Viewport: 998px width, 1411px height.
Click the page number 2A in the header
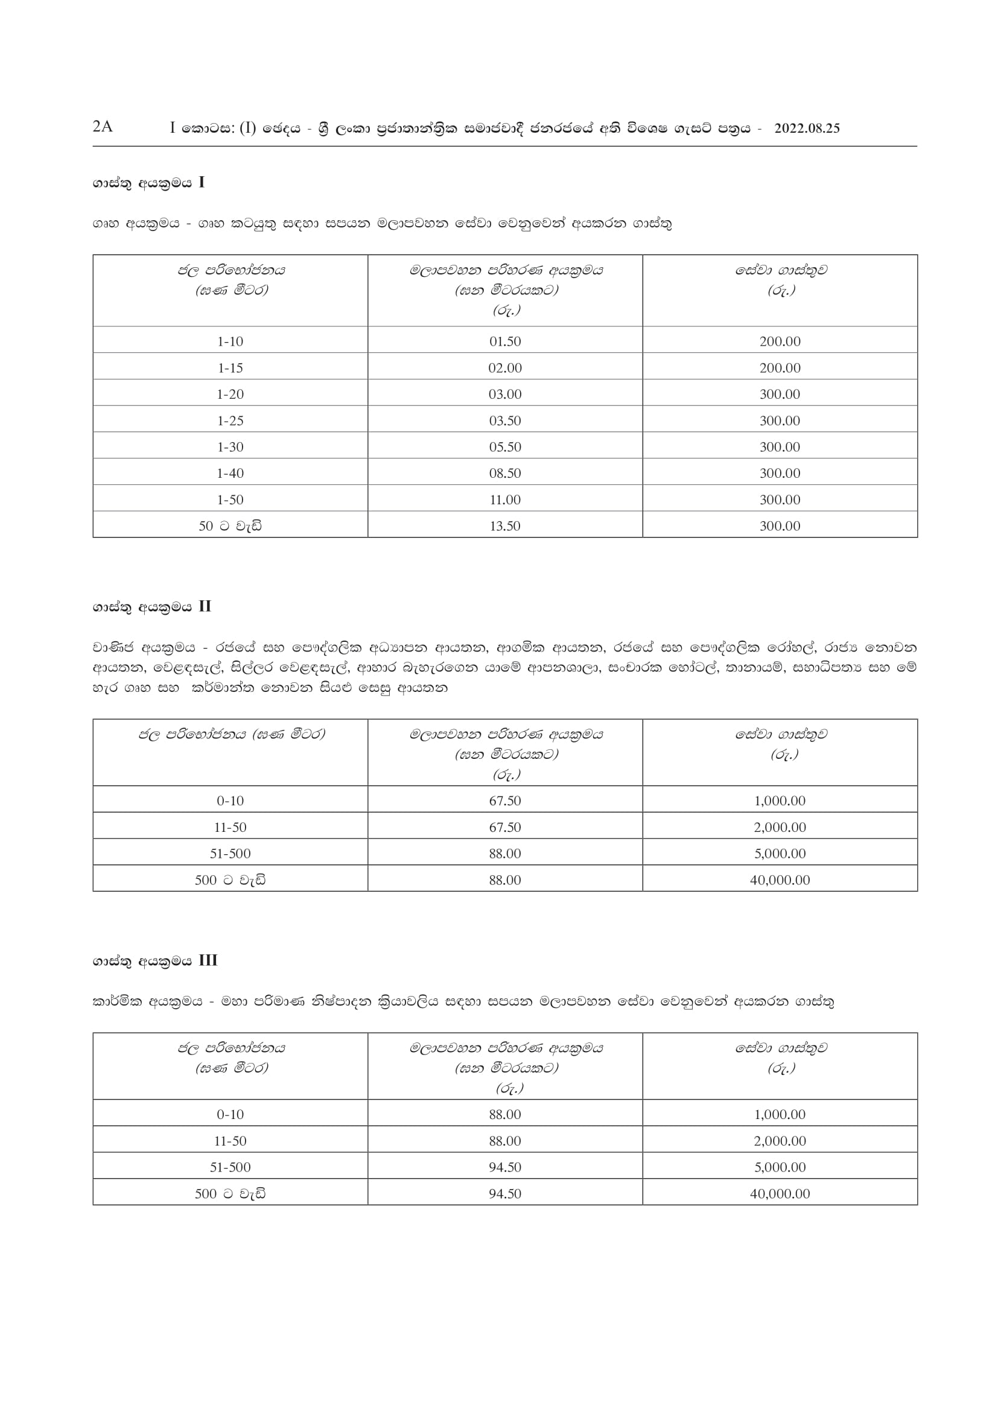103,127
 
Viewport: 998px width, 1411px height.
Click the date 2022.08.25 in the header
807,128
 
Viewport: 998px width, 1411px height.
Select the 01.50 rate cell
505,341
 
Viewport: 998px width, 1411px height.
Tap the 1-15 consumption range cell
230,368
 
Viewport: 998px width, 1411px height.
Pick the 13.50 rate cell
505,526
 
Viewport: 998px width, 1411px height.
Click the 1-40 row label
230,473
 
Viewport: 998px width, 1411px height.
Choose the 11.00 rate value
505,499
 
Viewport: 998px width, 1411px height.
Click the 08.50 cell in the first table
505,473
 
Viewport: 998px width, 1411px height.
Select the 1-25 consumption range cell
230,421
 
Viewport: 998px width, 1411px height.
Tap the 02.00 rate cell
505,368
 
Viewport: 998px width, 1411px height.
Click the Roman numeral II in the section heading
205,606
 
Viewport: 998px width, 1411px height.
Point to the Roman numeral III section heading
208,960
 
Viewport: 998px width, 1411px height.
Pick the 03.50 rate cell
505,421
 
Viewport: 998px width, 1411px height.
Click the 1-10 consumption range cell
230,341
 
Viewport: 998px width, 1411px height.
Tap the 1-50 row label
230,499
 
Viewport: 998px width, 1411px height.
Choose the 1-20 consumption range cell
230,395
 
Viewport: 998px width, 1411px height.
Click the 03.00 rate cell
505,395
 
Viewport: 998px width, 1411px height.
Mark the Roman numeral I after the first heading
202,183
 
